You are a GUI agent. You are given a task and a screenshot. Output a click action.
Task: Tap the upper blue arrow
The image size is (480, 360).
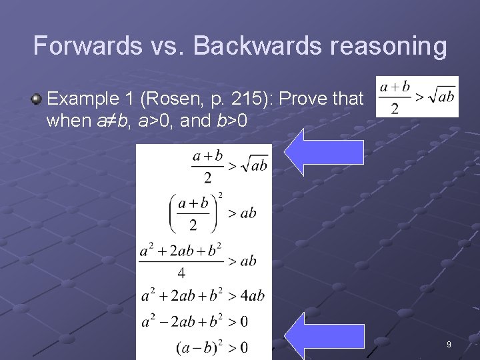click(324, 152)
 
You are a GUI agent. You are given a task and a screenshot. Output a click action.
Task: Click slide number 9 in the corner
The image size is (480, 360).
click(449, 345)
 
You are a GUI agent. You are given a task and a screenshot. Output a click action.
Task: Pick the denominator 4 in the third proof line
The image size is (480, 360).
click(181, 273)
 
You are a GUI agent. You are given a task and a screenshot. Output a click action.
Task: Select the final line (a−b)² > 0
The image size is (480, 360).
click(211, 347)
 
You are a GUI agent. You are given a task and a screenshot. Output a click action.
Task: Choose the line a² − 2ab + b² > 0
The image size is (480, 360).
click(195, 321)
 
